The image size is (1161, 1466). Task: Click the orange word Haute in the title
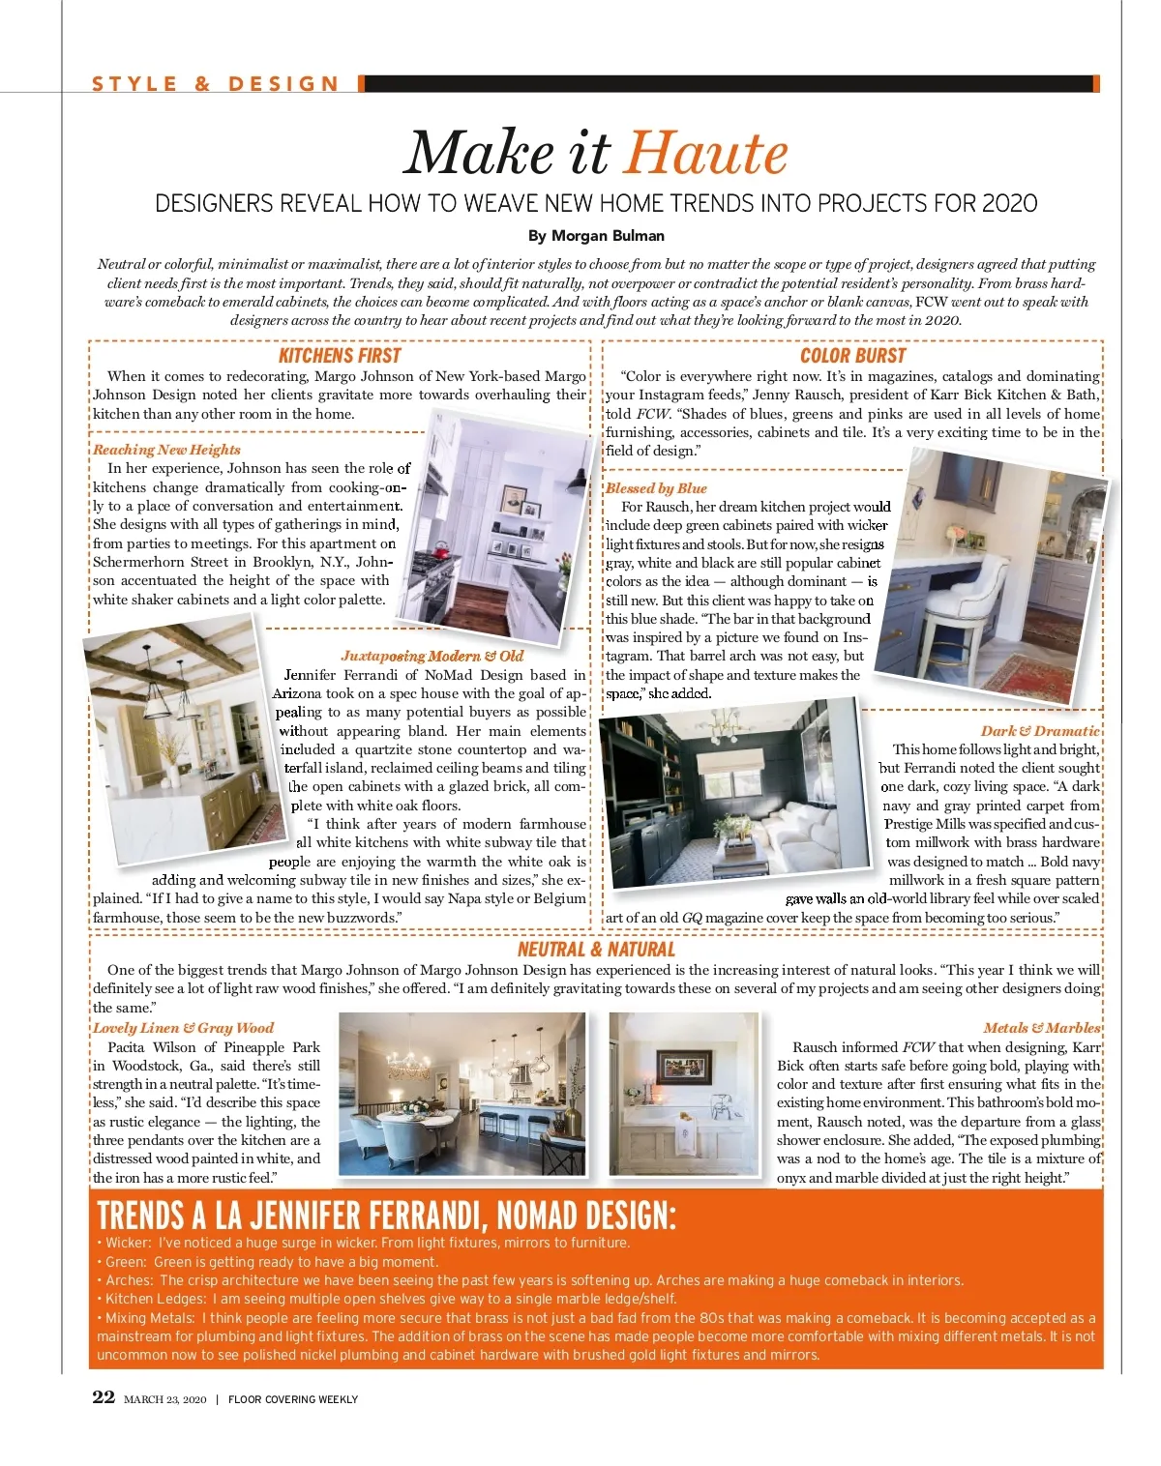point(705,154)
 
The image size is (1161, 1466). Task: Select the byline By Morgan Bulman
point(596,236)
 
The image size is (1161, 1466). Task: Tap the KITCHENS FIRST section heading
point(339,356)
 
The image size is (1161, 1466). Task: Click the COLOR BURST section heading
point(852,356)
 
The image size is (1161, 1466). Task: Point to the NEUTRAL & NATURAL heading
point(596,950)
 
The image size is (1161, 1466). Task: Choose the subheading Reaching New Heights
point(166,450)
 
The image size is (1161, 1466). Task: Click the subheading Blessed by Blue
point(656,488)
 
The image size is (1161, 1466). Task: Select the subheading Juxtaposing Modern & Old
point(432,656)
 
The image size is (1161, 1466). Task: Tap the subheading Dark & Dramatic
point(1040,731)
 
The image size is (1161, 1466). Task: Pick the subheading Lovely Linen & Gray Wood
point(183,1028)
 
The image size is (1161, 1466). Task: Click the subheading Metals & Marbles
point(1041,1028)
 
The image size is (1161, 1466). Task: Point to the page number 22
point(104,1397)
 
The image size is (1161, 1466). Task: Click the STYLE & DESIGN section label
point(216,84)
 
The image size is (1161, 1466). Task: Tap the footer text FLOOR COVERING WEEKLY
point(293,1399)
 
